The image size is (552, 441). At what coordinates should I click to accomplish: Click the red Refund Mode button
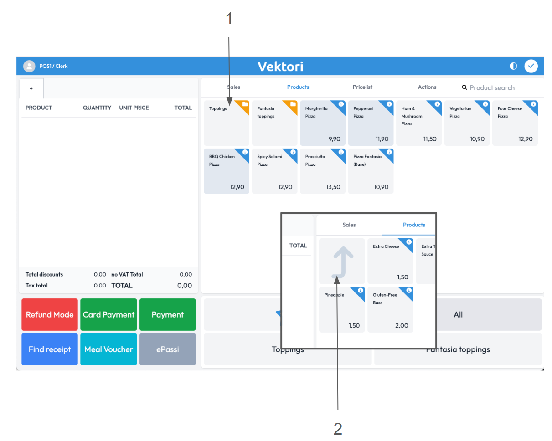pos(50,314)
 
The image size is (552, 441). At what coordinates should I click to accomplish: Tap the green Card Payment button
pos(108,314)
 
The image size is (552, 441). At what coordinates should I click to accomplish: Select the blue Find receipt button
pos(50,349)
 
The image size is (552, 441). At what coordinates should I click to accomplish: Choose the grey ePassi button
pos(167,349)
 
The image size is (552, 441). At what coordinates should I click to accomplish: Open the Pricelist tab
pos(362,87)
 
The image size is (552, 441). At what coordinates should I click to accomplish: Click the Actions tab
pos(427,87)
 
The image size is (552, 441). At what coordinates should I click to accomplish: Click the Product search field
pos(492,87)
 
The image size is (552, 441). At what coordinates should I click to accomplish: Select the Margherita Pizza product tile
pos(322,123)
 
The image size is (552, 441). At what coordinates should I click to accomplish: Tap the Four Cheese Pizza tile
pos(515,123)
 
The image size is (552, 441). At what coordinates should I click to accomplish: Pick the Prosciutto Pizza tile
pos(322,171)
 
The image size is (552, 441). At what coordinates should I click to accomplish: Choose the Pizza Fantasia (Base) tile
pos(371,171)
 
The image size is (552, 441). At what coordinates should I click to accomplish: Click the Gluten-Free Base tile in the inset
pos(390,309)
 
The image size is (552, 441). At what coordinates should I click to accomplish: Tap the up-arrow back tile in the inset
pos(342,261)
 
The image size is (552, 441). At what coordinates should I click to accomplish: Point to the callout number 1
pos(229,19)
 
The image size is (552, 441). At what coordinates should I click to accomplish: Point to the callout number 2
pos(338,429)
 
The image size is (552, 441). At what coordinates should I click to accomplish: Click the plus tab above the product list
pos(31,88)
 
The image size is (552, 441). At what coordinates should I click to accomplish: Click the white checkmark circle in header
pos(531,66)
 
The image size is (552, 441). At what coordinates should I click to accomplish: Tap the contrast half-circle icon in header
pos(513,66)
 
